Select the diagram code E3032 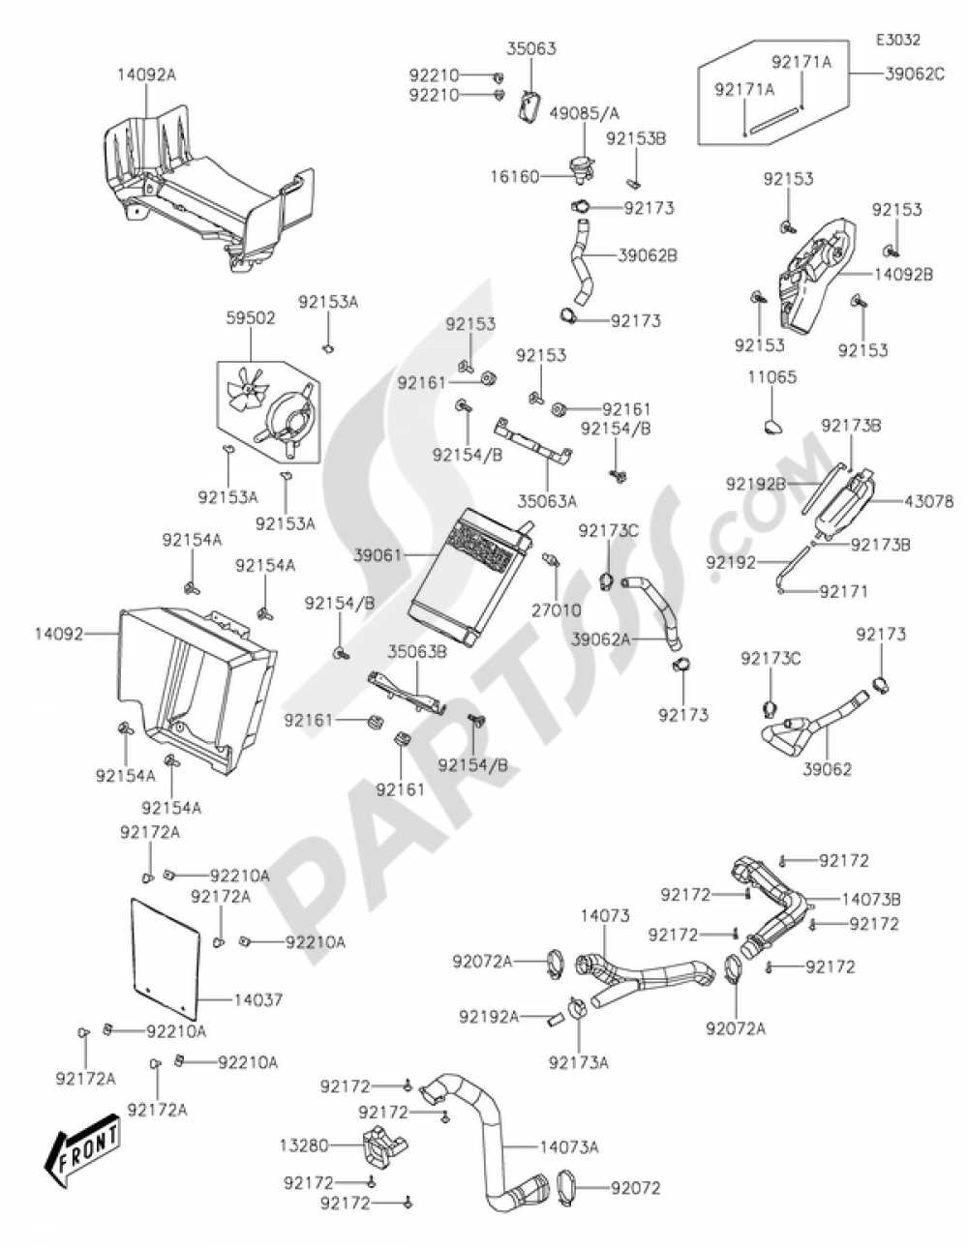tap(897, 41)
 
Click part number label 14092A tap(147, 74)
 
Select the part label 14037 tap(257, 999)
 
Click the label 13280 tap(300, 1145)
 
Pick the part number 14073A tap(569, 1147)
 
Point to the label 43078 tap(928, 501)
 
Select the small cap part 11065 tap(771, 425)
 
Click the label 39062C tap(914, 74)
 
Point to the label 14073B tap(870, 899)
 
